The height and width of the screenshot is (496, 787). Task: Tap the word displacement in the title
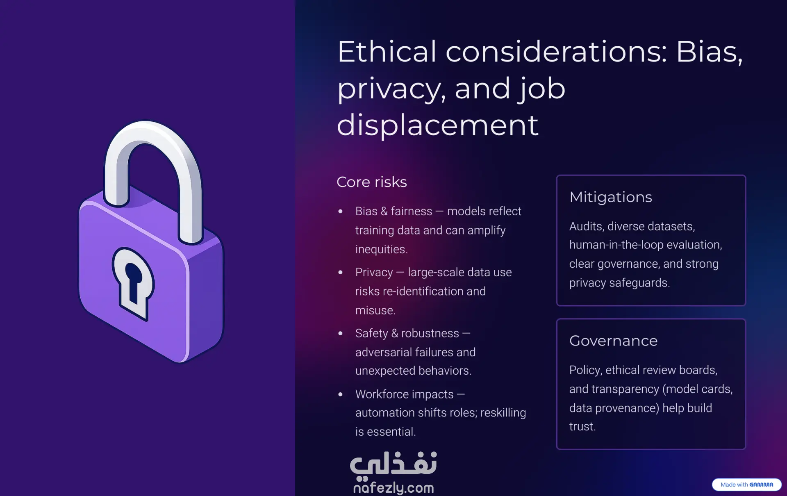point(437,125)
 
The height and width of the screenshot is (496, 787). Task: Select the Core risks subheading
point(372,182)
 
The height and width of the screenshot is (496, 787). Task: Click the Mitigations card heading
point(611,197)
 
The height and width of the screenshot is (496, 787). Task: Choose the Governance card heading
point(613,341)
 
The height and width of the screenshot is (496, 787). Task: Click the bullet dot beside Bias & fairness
point(340,212)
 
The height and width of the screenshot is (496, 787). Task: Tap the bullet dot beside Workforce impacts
point(340,394)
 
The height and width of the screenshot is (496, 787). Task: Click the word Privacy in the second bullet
point(374,272)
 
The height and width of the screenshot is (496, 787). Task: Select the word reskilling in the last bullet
point(503,413)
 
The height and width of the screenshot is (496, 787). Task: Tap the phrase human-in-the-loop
point(616,245)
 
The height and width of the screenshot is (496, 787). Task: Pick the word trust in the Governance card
point(582,427)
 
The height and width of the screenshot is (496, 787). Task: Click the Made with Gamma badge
point(747,485)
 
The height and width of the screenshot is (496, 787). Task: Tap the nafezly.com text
point(393,487)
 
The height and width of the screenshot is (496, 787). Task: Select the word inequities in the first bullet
point(381,249)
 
